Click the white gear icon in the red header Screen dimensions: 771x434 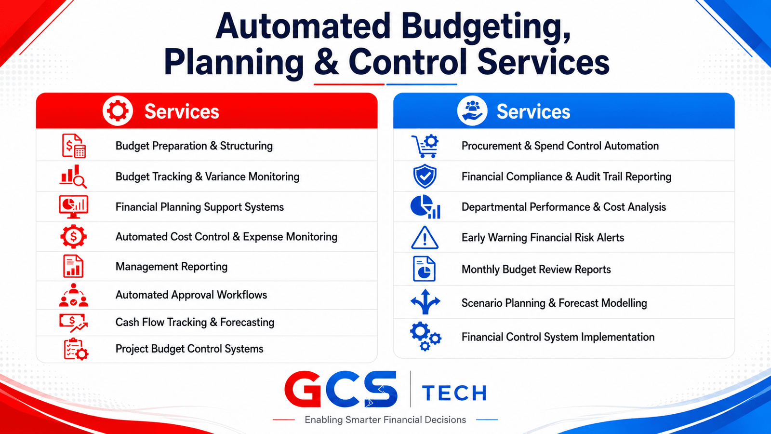[x=118, y=111]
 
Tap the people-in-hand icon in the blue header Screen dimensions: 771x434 [x=472, y=111]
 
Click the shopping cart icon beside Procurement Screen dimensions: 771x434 [x=425, y=146]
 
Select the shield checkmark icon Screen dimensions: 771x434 [x=425, y=176]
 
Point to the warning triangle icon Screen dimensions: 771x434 [x=425, y=238]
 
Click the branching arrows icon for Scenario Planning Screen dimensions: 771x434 [x=425, y=302]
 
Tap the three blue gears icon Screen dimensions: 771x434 [x=425, y=336]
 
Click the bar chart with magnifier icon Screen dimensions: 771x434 [x=73, y=176]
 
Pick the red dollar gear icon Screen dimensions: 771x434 [x=73, y=236]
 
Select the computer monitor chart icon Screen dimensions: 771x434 [x=73, y=207]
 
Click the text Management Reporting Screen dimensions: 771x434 [x=172, y=267]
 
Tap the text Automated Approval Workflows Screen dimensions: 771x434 [x=191, y=295]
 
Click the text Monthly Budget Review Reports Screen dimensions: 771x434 [x=536, y=270]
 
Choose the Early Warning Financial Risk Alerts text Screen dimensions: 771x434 [x=543, y=238]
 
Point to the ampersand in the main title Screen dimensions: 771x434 [x=326, y=62]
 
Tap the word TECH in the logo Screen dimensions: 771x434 [x=454, y=393]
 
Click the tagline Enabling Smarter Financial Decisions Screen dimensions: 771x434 [x=385, y=420]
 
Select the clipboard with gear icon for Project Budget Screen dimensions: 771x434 [x=76, y=349]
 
